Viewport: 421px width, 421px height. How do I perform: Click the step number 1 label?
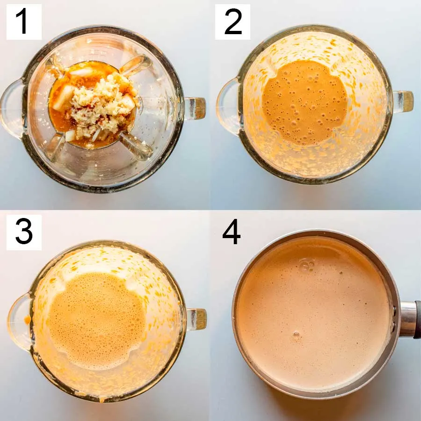pos(24,22)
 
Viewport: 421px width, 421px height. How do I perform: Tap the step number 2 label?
pos(233,22)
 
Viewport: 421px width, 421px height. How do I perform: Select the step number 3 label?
pos(24,232)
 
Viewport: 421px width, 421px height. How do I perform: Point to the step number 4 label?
pos(231,232)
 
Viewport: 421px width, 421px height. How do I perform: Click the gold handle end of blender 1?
pos(199,108)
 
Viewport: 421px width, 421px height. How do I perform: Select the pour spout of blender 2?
pos(228,106)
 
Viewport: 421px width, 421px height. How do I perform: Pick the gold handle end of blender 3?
pos(200,319)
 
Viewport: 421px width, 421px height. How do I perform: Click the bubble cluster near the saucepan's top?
pos(307,265)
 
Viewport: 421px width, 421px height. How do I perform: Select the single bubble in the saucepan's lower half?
pos(297,334)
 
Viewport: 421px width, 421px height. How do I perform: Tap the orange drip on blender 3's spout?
pos(28,319)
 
